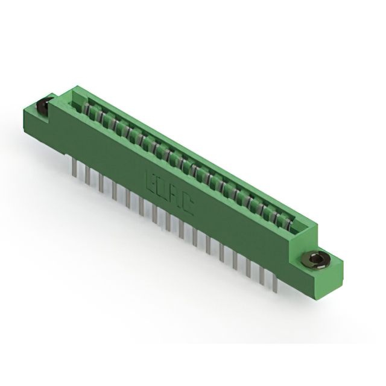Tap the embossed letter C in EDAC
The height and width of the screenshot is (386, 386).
(188, 207)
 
